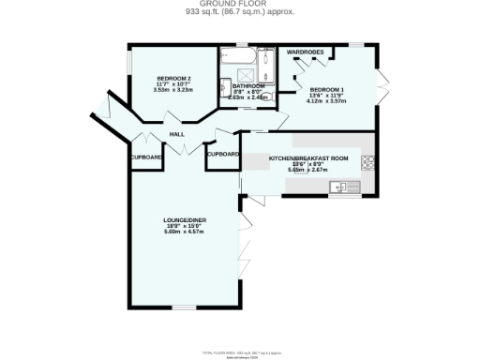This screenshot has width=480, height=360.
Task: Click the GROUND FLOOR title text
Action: [239, 5]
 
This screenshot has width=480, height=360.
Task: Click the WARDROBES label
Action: [305, 52]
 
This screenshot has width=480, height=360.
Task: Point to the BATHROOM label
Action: [248, 85]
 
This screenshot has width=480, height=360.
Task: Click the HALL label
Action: [175, 135]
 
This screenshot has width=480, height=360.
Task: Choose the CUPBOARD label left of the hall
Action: [146, 157]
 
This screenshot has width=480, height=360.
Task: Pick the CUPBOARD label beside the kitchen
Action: [222, 153]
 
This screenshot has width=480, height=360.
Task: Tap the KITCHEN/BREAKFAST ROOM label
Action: [308, 158]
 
